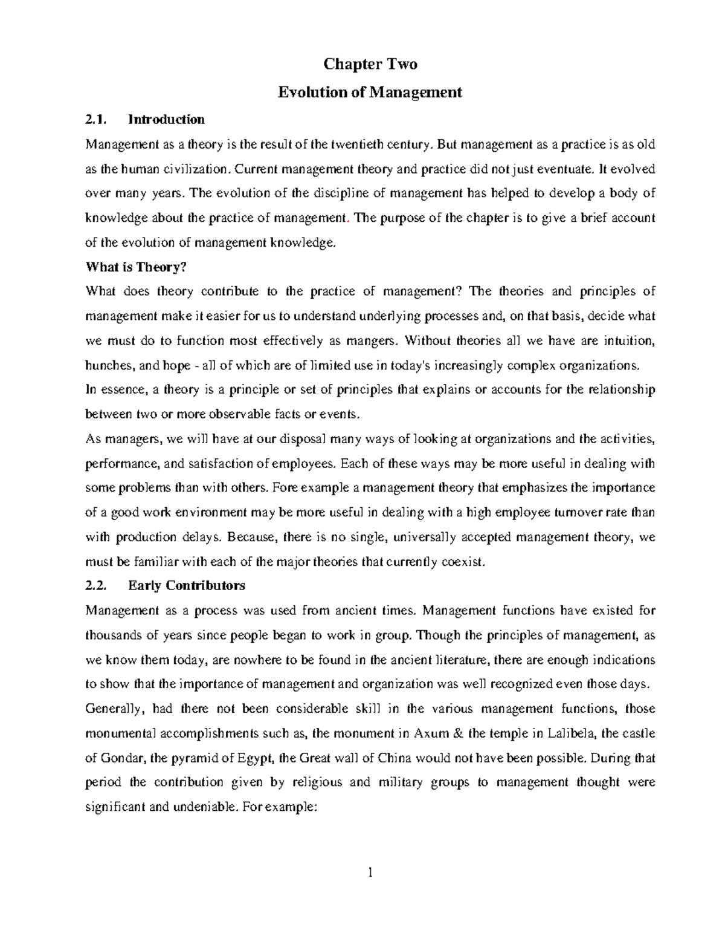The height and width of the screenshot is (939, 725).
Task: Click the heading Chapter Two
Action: (x=370, y=64)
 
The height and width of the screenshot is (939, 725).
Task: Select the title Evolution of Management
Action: (x=369, y=93)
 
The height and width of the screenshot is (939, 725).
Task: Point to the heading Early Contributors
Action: (x=186, y=586)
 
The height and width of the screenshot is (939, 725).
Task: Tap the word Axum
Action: (x=431, y=733)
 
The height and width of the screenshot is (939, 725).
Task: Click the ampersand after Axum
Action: (x=457, y=733)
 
